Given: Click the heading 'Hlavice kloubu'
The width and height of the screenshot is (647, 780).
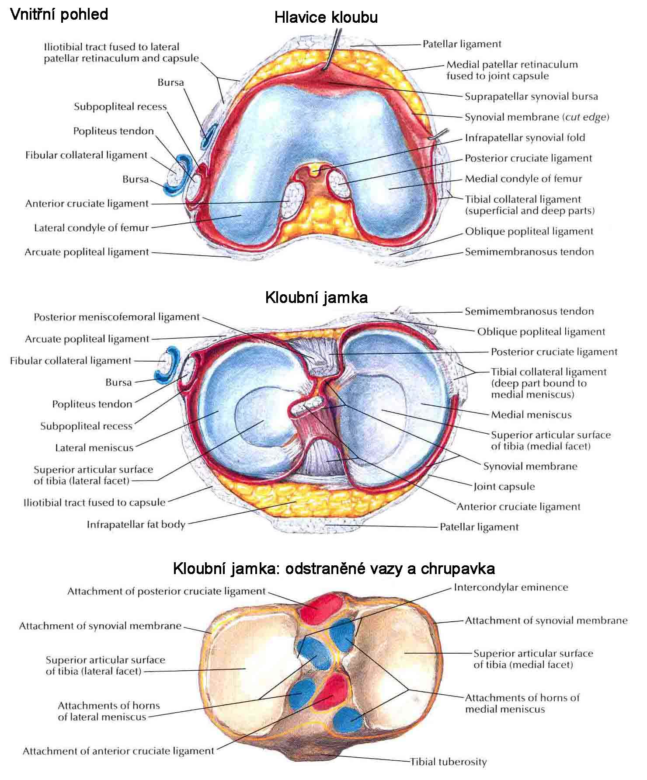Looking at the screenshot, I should (326, 17).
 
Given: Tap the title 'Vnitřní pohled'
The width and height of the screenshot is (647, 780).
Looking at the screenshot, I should (59, 14).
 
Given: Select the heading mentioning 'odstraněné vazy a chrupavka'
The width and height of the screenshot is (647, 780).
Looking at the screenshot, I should (334, 568).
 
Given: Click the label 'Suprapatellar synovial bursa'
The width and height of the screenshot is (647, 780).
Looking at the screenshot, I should (531, 97).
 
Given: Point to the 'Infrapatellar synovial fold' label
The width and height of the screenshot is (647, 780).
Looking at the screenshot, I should (525, 138).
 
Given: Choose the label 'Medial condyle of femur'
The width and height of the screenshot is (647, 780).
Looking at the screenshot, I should (523, 179).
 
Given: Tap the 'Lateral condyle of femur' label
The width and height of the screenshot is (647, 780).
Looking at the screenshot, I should (91, 228).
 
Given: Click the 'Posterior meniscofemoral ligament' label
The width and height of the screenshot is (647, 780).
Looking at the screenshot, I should (117, 317).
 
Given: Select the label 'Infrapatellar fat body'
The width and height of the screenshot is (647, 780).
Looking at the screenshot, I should (136, 524).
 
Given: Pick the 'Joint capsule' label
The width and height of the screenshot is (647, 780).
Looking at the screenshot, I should (504, 487).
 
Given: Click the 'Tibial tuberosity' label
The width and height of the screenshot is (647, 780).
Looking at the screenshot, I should (448, 762).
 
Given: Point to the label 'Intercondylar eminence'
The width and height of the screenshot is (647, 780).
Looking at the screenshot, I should (511, 587).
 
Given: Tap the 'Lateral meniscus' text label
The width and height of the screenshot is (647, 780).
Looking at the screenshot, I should (94, 448).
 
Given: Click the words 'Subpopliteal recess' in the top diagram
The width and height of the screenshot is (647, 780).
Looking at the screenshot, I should (120, 107).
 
